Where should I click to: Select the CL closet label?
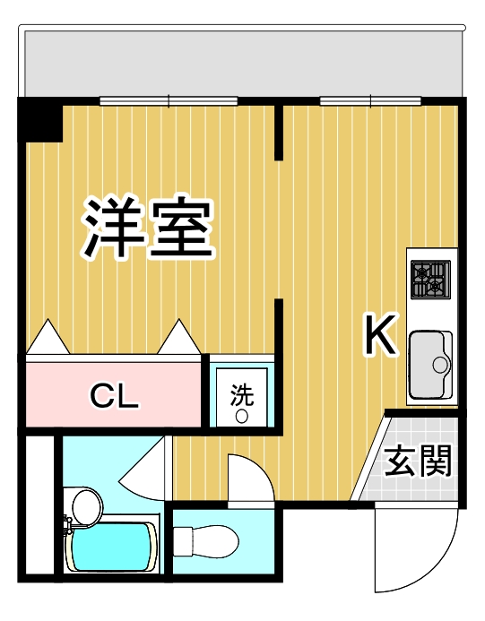pos(114,395)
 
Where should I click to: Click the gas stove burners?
pos(430,279)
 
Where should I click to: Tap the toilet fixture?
pos(206,541)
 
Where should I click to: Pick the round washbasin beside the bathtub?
pos(85,507)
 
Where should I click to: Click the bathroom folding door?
pos(143,466)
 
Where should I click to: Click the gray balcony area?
pos(242,63)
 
